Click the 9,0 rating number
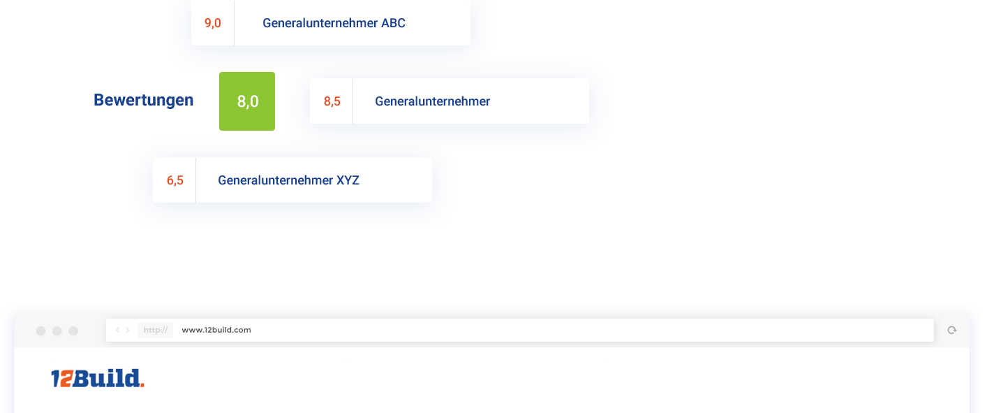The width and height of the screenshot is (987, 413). click(x=212, y=23)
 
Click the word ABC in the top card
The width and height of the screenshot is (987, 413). click(x=393, y=23)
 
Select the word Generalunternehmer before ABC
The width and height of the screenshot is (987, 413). click(x=320, y=23)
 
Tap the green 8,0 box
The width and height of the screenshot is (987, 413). click(x=248, y=102)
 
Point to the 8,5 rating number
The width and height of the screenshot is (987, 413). click(x=332, y=101)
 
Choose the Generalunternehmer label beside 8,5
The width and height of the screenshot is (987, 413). click(x=432, y=101)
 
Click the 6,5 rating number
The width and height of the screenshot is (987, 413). click(x=175, y=180)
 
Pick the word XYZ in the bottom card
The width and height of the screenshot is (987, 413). click(x=348, y=180)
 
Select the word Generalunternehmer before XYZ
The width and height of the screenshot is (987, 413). click(x=275, y=180)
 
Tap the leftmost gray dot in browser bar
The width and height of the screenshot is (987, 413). click(x=40, y=331)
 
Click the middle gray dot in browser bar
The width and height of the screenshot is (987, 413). click(x=57, y=331)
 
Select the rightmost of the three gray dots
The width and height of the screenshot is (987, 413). click(x=73, y=331)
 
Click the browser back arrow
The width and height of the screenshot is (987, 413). click(x=118, y=330)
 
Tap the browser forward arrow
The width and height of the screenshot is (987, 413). click(x=128, y=330)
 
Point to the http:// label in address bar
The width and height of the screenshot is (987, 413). click(x=155, y=330)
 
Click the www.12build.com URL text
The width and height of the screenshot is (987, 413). click(x=216, y=330)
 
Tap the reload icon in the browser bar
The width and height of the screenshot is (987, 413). click(x=951, y=330)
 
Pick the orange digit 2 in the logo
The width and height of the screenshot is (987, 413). click(x=66, y=379)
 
